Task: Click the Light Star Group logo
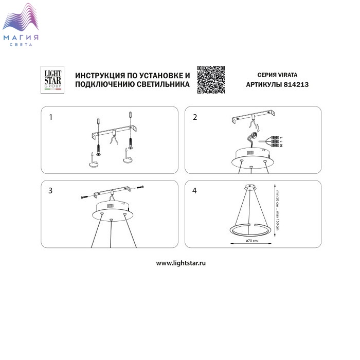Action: [52, 80]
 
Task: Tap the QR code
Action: [211, 80]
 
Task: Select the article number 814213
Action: [296, 84]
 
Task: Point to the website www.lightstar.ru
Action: [181, 263]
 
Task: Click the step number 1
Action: [51, 117]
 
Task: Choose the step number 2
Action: [195, 117]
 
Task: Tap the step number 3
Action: [50, 191]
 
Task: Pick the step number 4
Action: [194, 191]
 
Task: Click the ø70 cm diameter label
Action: [251, 241]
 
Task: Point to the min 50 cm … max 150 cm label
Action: [277, 210]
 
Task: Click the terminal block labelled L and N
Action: [275, 141]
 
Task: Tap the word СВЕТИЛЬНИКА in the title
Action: [163, 84]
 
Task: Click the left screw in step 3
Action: [85, 197]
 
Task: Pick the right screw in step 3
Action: [140, 188]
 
